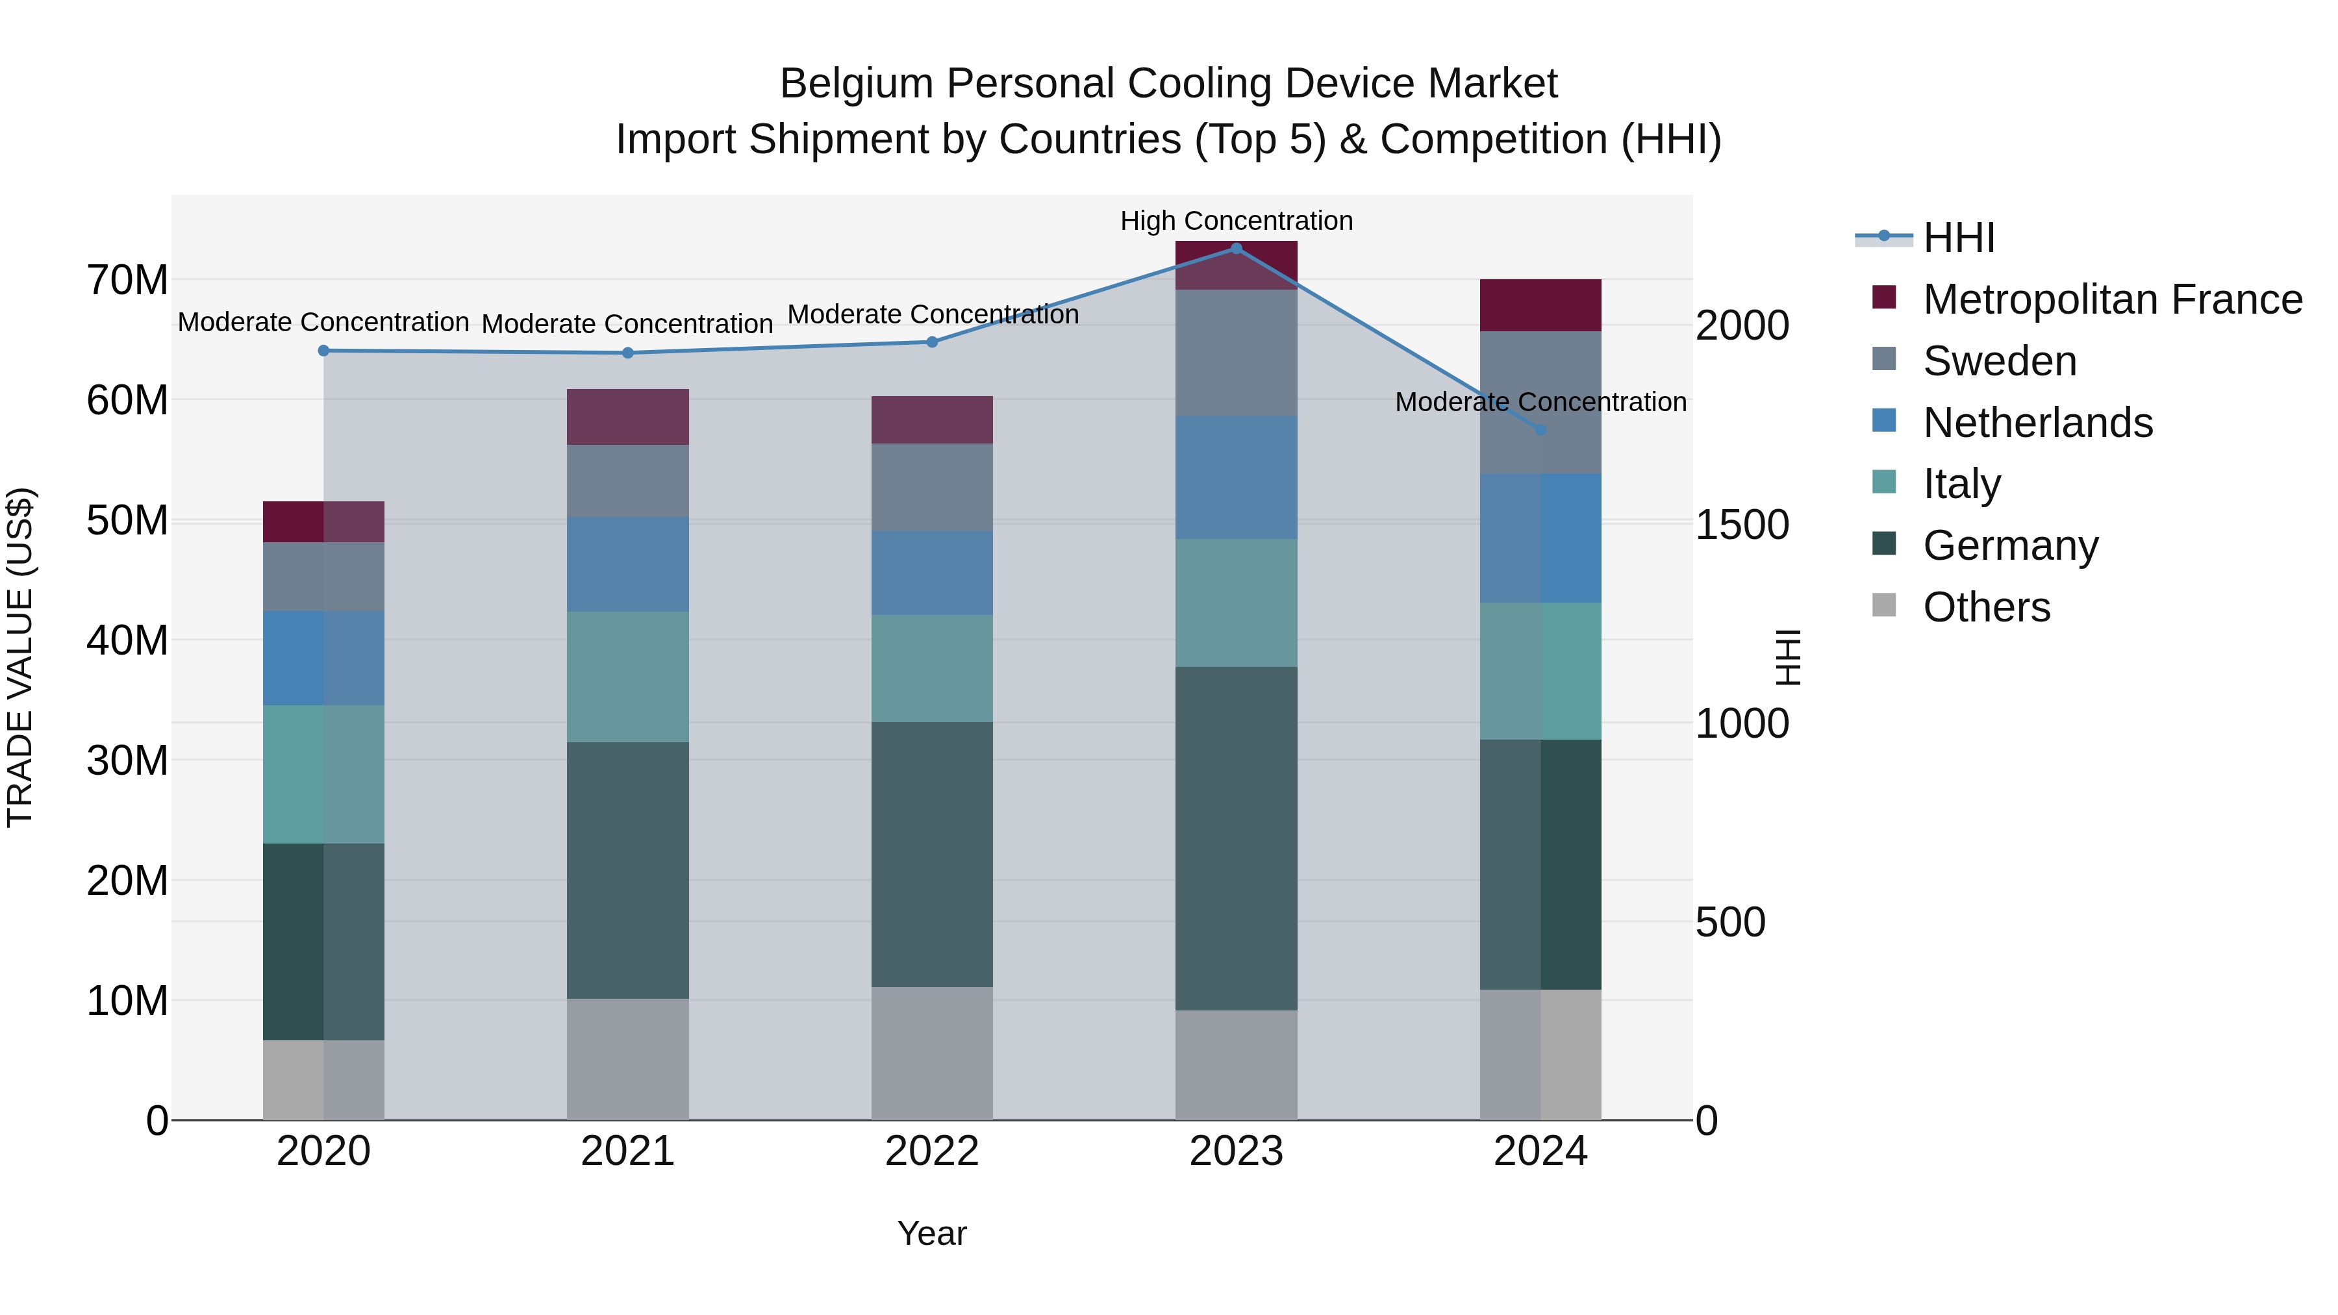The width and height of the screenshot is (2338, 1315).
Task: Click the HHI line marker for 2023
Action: [1236, 248]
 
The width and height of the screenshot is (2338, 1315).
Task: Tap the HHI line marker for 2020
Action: [324, 350]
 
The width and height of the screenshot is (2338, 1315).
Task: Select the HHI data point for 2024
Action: [1540, 429]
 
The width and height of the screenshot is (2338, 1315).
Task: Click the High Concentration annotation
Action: [1236, 221]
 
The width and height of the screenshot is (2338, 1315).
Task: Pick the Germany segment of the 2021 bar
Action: [628, 870]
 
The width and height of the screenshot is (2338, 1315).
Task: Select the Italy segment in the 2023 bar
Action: [1236, 603]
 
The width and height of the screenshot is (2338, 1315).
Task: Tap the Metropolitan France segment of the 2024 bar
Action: [1540, 305]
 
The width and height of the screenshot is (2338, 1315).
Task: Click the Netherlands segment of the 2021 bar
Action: [628, 564]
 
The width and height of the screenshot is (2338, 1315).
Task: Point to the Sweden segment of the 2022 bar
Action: [932, 486]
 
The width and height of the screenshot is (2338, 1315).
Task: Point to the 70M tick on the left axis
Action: [127, 281]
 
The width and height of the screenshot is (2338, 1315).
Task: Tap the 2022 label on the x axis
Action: [932, 1151]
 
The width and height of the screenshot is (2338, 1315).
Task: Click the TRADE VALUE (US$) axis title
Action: [20, 657]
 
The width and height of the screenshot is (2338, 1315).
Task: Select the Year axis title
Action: [932, 1233]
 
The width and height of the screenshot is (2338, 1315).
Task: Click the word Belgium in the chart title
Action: [856, 84]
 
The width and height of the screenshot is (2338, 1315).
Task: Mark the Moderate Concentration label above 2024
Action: [1540, 401]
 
